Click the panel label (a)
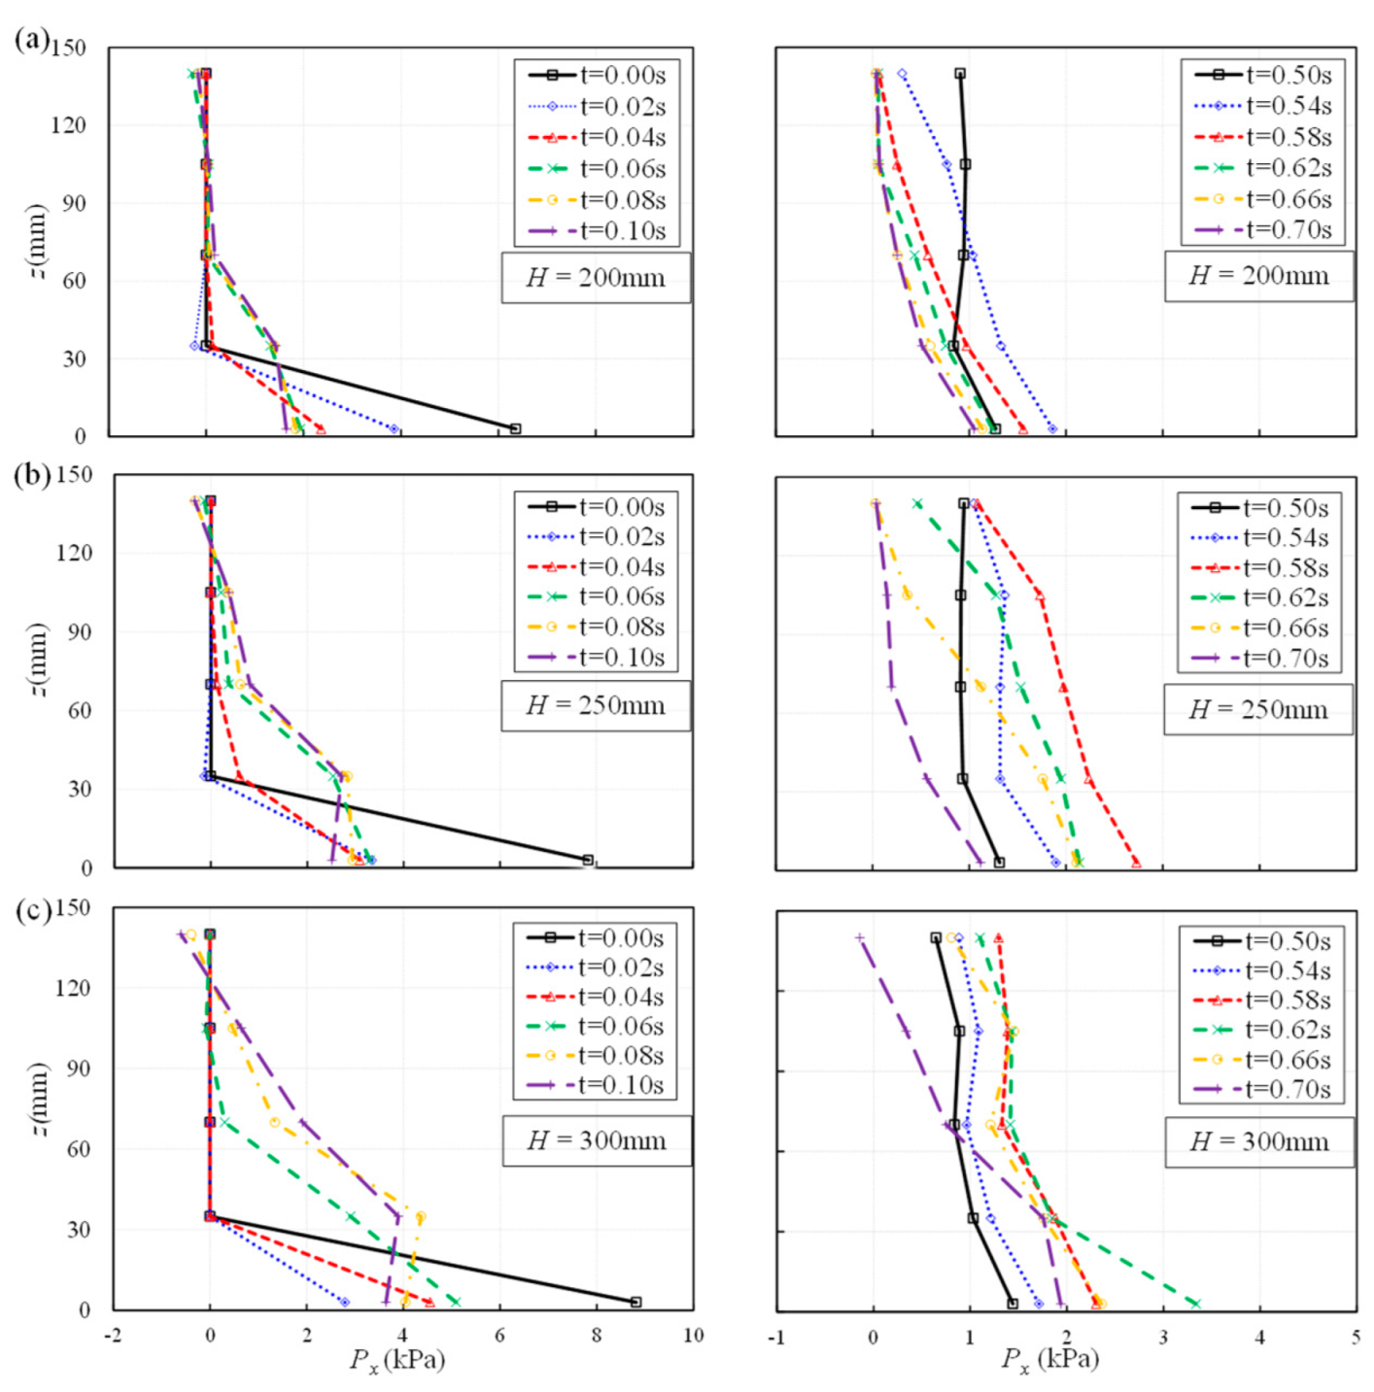(x=31, y=40)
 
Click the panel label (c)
(x=31, y=909)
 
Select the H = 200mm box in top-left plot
(x=595, y=278)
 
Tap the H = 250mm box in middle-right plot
(x=1257, y=709)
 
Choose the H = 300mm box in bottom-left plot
(x=596, y=1140)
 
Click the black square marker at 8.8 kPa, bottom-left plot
(x=635, y=1302)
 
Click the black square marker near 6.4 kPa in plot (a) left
(x=515, y=428)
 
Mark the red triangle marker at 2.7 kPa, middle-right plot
(x=1136, y=863)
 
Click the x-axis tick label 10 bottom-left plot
(x=693, y=1336)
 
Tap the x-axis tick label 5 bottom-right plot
(x=1356, y=1338)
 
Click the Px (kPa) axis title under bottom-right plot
(x=1049, y=1359)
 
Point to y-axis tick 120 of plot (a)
(x=68, y=125)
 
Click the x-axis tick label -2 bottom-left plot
(x=114, y=1336)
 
